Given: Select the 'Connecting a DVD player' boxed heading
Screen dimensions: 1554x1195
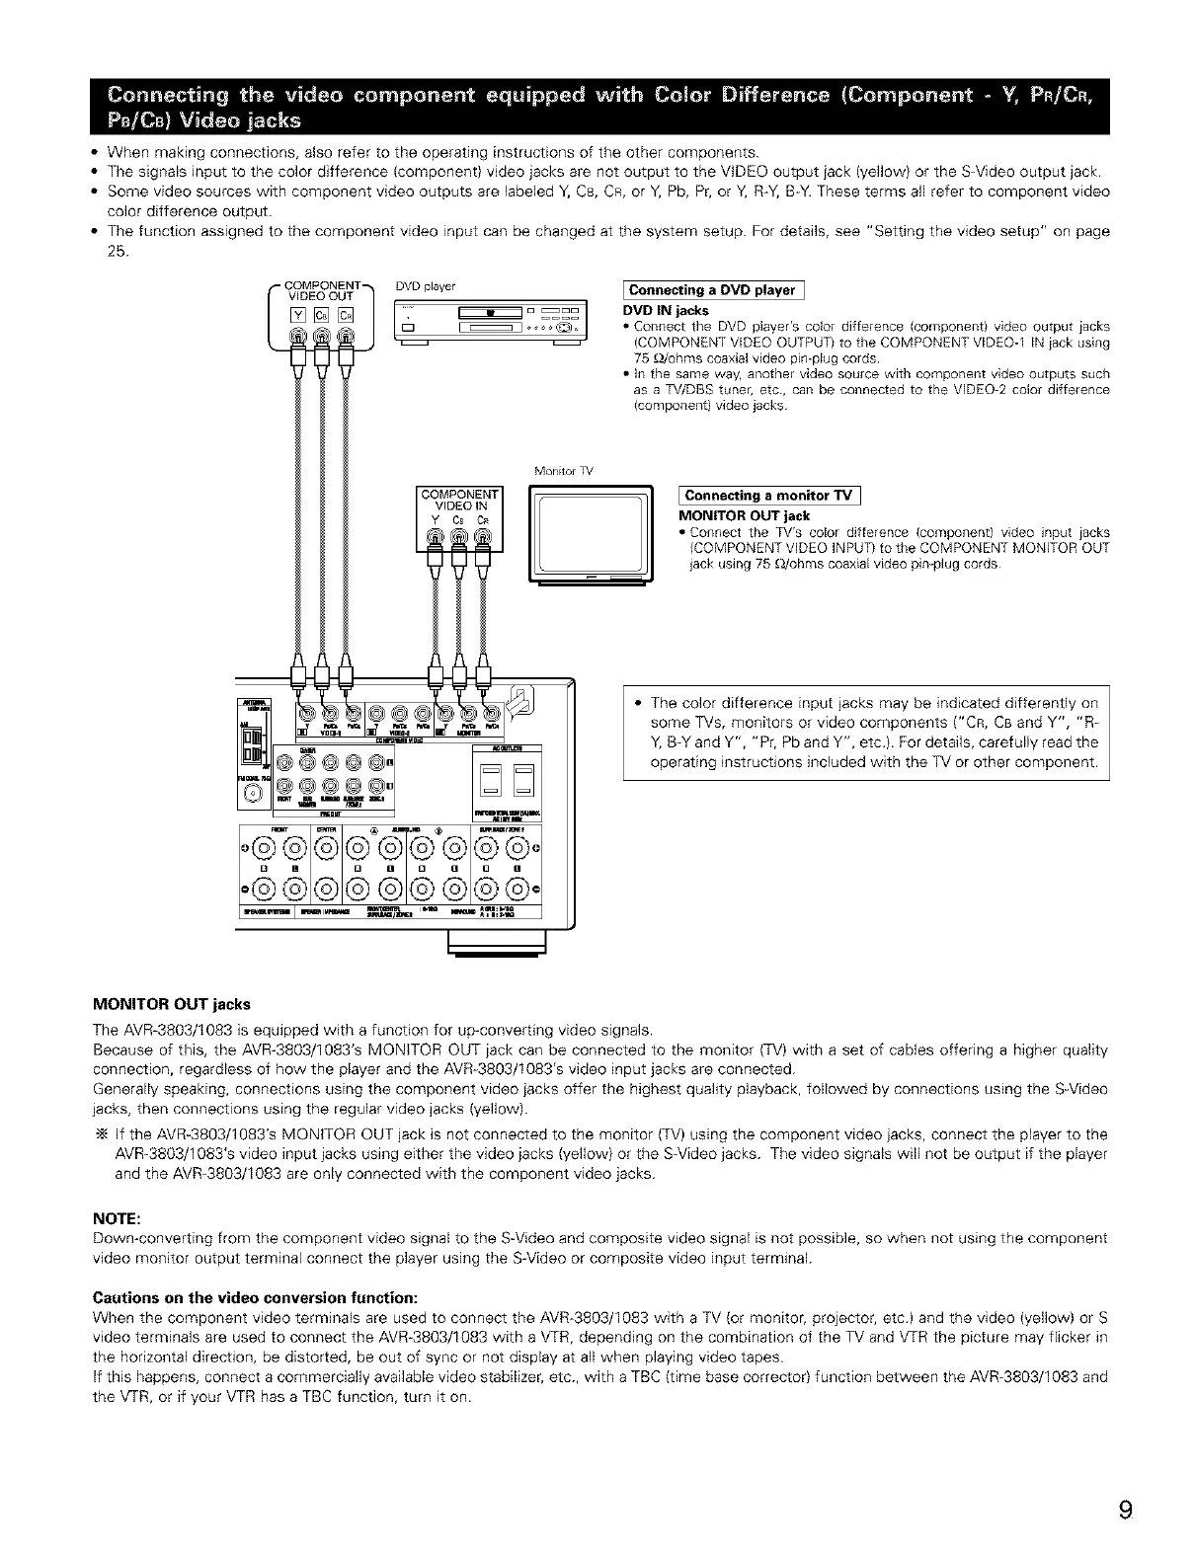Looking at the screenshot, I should pyautogui.click(x=711, y=289).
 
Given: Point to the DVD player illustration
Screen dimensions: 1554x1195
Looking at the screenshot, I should pyautogui.click(x=489, y=323).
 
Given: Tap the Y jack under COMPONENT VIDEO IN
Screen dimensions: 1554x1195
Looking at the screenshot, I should pyautogui.click(x=435, y=539).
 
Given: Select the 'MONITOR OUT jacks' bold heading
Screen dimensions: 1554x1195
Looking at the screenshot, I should pyautogui.click(x=171, y=1004).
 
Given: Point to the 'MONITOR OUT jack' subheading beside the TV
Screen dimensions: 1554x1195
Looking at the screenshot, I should pyautogui.click(x=744, y=515).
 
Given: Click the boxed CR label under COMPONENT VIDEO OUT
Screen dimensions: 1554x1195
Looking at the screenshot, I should pyautogui.click(x=347, y=316).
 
